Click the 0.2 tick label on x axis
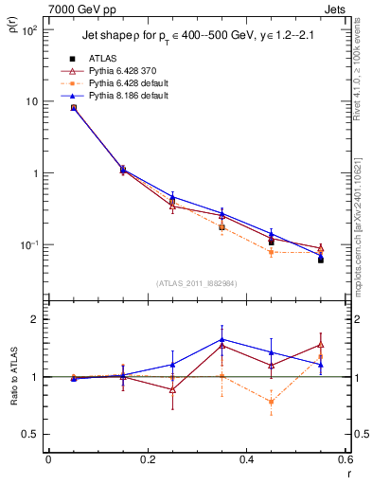pyautogui.click(x=147, y=460)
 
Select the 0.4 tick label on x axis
pyautogui.click(x=246, y=460)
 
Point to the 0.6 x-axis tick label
pyautogui.click(x=345, y=460)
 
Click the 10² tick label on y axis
pyautogui.click(x=28, y=30)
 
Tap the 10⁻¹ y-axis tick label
pyautogui.click(x=28, y=245)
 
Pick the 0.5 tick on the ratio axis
pyautogui.click(x=30, y=434)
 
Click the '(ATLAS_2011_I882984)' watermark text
pyautogui.click(x=196, y=283)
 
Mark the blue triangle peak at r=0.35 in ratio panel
pyautogui.click(x=221, y=339)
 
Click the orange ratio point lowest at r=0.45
pyautogui.click(x=271, y=402)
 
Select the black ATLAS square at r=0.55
pyautogui.click(x=321, y=260)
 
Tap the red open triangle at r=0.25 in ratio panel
pyautogui.click(x=172, y=389)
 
